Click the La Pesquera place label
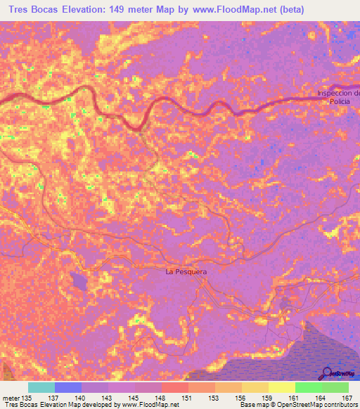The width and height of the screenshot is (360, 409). (185, 271)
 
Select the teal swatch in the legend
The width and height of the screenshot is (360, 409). (41, 387)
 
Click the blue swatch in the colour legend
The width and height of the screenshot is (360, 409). (68, 387)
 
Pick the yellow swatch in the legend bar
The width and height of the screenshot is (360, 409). (282, 387)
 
